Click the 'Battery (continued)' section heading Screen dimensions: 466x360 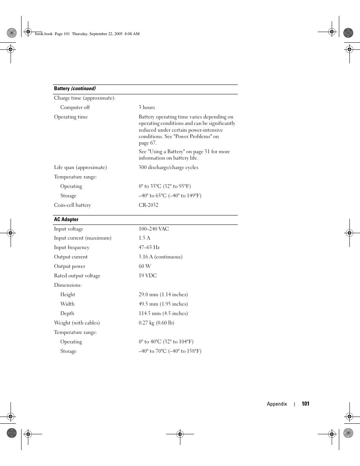(x=75, y=89)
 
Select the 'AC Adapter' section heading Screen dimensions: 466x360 (x=66, y=220)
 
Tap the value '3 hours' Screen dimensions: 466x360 (x=147, y=108)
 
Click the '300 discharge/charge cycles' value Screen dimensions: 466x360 (x=168, y=168)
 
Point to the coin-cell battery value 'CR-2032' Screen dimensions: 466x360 (x=148, y=205)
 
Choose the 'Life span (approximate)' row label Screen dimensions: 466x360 (x=80, y=168)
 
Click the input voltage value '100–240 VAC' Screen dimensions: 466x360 (x=154, y=229)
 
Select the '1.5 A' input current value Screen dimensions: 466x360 (x=144, y=238)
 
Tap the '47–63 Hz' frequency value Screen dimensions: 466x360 (x=149, y=248)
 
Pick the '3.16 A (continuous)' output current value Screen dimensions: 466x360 (x=160, y=257)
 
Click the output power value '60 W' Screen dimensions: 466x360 (x=145, y=266)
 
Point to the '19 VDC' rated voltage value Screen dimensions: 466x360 (x=148, y=276)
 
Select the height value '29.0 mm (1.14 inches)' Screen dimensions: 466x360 (x=163, y=295)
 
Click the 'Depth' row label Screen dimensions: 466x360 (x=67, y=314)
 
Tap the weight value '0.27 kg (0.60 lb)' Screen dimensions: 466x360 (x=156, y=323)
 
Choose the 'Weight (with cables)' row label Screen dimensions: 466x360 (x=77, y=323)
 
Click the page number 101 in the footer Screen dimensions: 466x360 (x=305, y=404)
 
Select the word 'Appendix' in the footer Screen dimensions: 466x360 (x=277, y=404)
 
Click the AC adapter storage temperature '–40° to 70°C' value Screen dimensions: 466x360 (x=170, y=351)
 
